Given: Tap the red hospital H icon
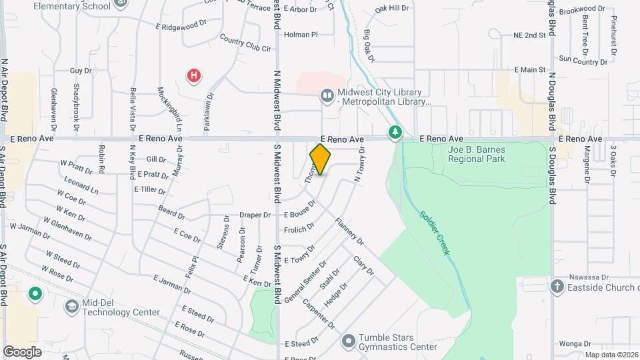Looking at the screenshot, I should [193, 75].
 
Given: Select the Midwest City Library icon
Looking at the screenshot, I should [327, 96].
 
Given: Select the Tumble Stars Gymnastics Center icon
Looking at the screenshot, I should [347, 342].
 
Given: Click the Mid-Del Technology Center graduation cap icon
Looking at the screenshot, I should [71, 306].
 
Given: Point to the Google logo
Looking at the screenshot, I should [22, 351].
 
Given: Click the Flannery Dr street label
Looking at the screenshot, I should [350, 231].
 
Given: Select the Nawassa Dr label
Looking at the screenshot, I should [589, 277].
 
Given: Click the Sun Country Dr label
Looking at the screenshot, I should [583, 60].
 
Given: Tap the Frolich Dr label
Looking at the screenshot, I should [299, 228].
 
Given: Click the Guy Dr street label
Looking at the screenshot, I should [80, 70].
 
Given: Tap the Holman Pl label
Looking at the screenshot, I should [301, 34].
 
